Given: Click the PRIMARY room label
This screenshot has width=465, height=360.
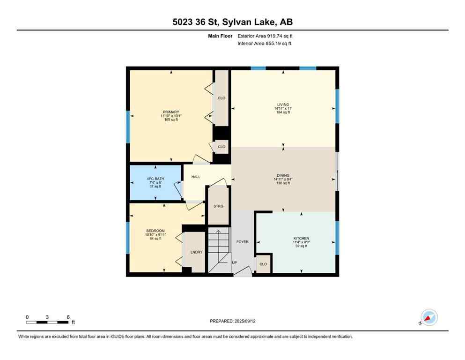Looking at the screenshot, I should pyautogui.click(x=171, y=112).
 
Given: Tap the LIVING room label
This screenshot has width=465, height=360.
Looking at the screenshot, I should pyautogui.click(x=283, y=105).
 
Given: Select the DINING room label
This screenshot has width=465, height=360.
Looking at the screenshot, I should pyautogui.click(x=283, y=175).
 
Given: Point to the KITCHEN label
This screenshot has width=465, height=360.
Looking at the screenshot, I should pyautogui.click(x=301, y=238).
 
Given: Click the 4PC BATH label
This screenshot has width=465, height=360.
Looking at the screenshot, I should pyautogui.click(x=155, y=179).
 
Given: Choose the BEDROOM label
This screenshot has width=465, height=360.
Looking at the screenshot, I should pyautogui.click(x=155, y=231).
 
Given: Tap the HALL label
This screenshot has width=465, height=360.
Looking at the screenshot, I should pyautogui.click(x=195, y=177).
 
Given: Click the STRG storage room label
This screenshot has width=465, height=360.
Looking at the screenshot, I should pyautogui.click(x=218, y=206).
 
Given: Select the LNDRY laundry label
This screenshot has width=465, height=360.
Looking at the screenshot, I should pyautogui.click(x=196, y=252).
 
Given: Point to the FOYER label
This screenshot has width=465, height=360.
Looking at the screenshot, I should pyautogui.click(x=242, y=242).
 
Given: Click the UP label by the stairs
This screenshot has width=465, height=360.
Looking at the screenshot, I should pyautogui.click(x=235, y=262).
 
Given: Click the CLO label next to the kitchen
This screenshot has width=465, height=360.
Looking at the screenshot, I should pyautogui.click(x=264, y=264).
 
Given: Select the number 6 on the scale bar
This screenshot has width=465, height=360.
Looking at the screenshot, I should pyautogui.click(x=68, y=317).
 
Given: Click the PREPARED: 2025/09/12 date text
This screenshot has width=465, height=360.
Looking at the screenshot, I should pyautogui.click(x=232, y=321).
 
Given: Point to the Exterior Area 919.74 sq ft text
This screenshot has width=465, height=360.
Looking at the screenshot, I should pyautogui.click(x=265, y=36).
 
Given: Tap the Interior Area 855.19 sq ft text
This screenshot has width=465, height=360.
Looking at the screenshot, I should pyautogui.click(x=264, y=44).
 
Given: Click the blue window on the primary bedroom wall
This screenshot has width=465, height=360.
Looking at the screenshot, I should pyautogui.click(x=128, y=127).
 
